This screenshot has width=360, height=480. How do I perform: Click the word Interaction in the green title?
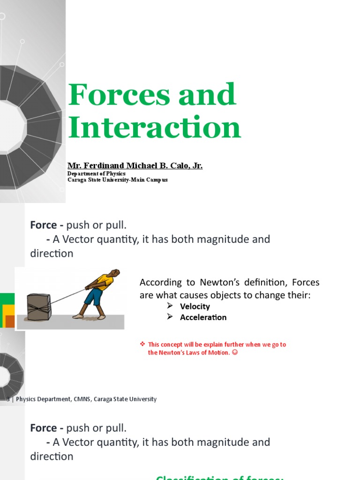155,127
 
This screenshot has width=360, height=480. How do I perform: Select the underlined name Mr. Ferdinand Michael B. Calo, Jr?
135,166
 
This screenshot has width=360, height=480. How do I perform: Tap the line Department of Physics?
97,173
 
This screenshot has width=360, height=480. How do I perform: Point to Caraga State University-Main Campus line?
118,180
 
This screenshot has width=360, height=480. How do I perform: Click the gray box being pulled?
39,307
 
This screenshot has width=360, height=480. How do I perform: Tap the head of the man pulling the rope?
114,273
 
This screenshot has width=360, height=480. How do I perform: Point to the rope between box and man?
68,296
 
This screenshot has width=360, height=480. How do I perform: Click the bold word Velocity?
195,307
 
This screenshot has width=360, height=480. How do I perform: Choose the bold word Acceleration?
203,317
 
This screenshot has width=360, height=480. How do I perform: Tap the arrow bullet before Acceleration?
171,317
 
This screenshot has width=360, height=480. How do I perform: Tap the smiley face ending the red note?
235,352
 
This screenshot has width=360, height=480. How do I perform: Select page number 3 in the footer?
8,399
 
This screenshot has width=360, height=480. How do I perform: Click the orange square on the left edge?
9,321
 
